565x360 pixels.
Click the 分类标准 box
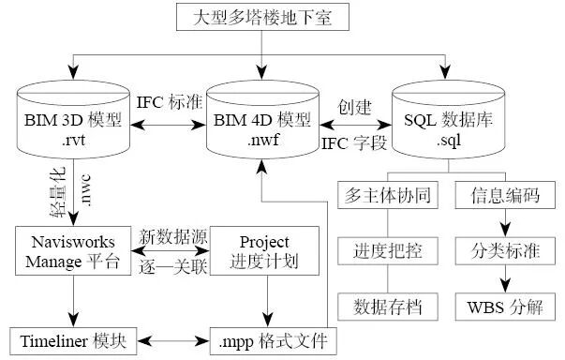pyautogui.click(x=505, y=252)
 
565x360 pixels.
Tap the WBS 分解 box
pyautogui.click(x=505, y=305)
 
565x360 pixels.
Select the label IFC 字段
pyautogui.click(x=354, y=143)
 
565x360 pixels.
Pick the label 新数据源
pyautogui.click(x=169, y=236)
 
